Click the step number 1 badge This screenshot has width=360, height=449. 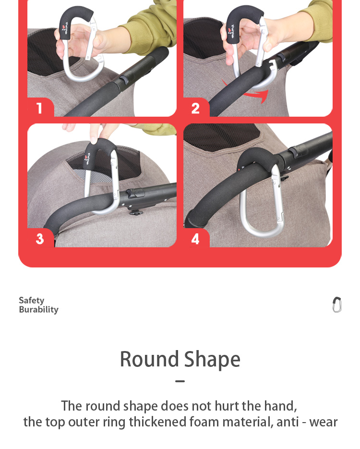tap(39, 108)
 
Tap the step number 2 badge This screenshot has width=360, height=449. tap(195, 108)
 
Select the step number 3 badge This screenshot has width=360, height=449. tap(40, 239)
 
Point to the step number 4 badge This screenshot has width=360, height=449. tap(195, 239)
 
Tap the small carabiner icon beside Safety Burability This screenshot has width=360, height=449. tap(337, 304)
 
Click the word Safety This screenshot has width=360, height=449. tap(32, 300)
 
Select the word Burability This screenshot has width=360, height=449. tap(38, 310)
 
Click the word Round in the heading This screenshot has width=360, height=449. tap(149, 359)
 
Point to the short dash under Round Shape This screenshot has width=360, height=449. tap(180, 382)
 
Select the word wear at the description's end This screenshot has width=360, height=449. tap(324, 422)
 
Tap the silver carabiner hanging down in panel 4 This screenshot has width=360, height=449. tap(262, 206)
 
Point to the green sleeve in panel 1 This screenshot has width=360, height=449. tap(144, 29)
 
